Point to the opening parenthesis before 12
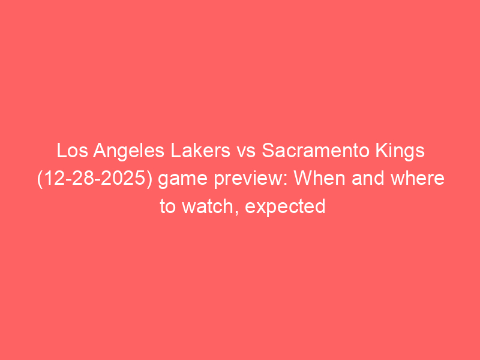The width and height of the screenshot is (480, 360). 40,179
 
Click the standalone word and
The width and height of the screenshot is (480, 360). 368,178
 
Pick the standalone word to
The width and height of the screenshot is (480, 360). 168,206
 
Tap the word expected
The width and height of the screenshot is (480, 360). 285,208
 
